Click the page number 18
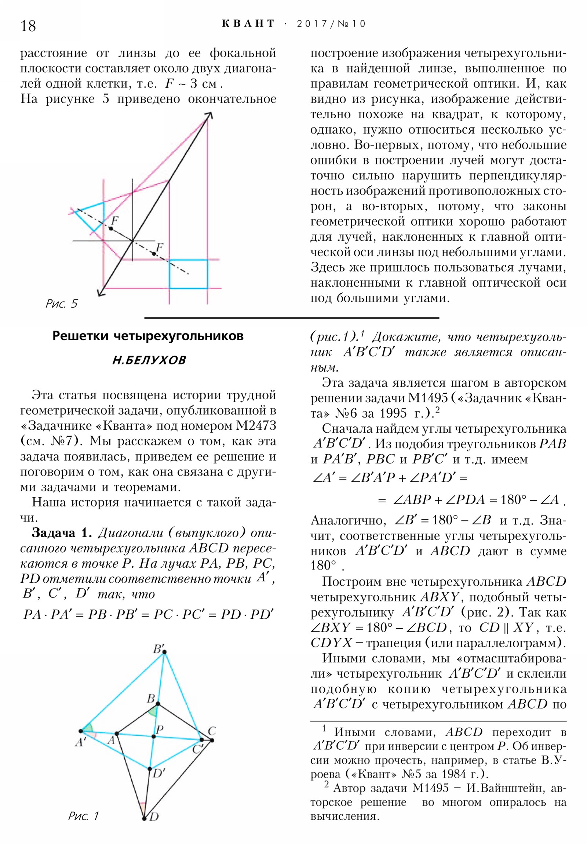click(28, 26)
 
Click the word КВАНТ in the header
click(248, 24)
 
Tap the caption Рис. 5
click(61, 303)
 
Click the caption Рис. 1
click(83, 816)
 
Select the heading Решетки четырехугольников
click(148, 336)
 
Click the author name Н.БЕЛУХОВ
click(149, 360)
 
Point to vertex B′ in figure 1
click(164, 652)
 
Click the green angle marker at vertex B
click(153, 711)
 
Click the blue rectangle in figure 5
click(188, 274)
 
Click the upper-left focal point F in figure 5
click(111, 229)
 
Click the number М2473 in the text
click(256, 426)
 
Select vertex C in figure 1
click(212, 740)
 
